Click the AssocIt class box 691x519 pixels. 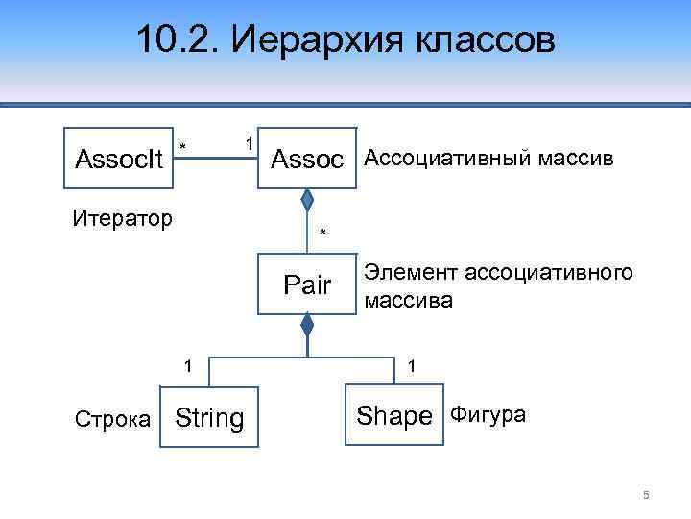pyautogui.click(x=120, y=158)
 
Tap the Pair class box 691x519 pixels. pyautogui.click(x=307, y=285)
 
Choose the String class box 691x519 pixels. pyautogui.click(x=208, y=418)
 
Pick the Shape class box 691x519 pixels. pyautogui.click(x=394, y=416)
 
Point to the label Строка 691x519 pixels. pyautogui.click(x=111, y=419)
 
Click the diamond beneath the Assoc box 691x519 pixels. pyautogui.click(x=307, y=202)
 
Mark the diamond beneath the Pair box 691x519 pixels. pyautogui.click(x=307, y=327)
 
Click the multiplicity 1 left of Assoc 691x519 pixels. pyautogui.click(x=249, y=143)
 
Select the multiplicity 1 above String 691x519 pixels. pyautogui.click(x=189, y=365)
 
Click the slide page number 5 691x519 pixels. pyautogui.click(x=646, y=495)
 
